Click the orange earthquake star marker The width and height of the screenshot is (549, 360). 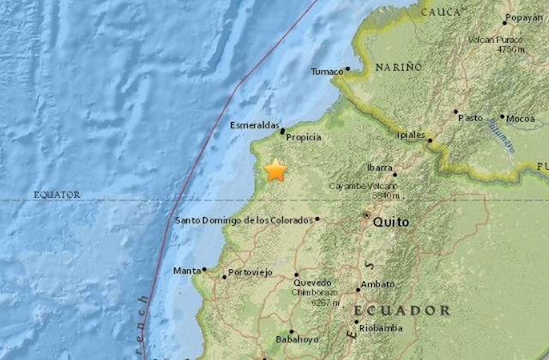click(x=275, y=170)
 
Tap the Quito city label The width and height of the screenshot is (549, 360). click(x=390, y=222)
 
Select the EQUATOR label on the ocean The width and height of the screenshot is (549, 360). click(x=57, y=195)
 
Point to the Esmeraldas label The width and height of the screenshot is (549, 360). click(x=254, y=125)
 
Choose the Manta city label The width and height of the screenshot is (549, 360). click(x=186, y=271)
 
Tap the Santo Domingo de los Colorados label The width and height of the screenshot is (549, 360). click(x=244, y=220)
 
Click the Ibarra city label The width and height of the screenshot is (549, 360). click(x=380, y=168)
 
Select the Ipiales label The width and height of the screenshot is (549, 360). click(x=412, y=135)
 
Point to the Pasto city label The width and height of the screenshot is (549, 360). click(x=471, y=117)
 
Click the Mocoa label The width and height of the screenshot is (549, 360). click(x=521, y=117)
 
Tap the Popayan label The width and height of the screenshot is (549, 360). click(x=523, y=16)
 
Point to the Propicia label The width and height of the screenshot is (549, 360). click(x=305, y=137)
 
